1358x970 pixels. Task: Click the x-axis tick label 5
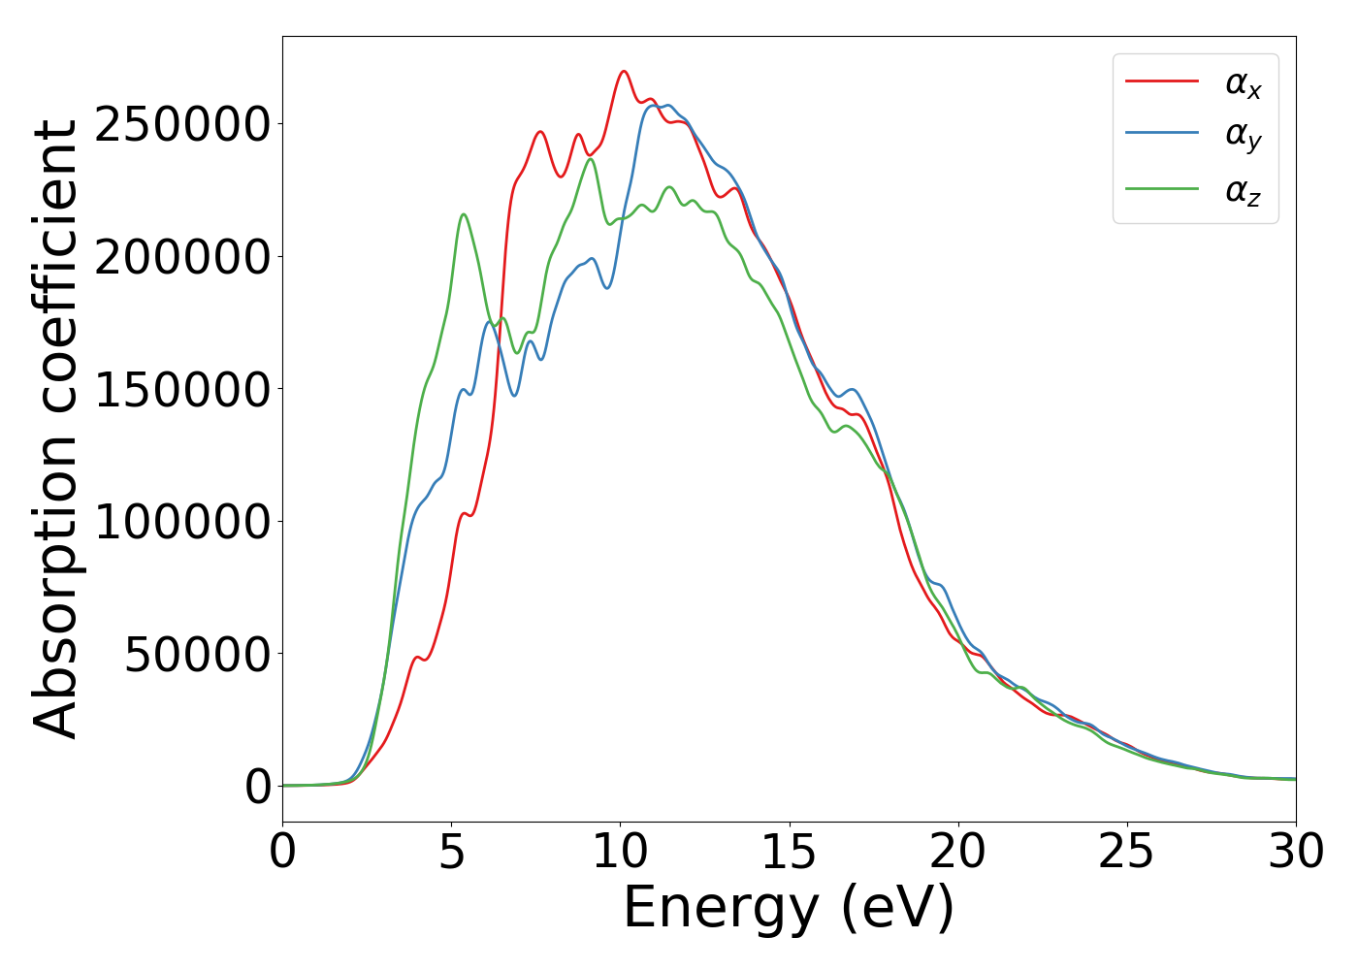point(451,853)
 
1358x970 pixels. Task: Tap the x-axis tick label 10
point(620,853)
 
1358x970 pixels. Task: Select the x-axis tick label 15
point(789,853)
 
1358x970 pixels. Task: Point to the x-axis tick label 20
point(957,853)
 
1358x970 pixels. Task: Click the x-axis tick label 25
point(1126,853)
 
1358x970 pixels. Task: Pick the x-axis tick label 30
point(1295,853)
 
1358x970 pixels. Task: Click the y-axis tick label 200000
point(181,257)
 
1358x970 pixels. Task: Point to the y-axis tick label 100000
point(181,522)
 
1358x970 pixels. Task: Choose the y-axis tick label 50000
point(197,655)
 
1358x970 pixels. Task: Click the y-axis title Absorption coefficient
point(55,429)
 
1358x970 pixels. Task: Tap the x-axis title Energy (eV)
point(789,909)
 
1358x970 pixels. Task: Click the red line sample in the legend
point(1162,81)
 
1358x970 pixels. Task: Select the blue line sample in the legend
point(1162,135)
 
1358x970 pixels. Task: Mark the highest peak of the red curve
point(624,71)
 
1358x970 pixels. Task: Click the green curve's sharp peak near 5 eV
point(464,214)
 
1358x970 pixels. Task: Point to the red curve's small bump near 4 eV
point(417,658)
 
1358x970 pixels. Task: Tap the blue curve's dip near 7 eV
point(515,395)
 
